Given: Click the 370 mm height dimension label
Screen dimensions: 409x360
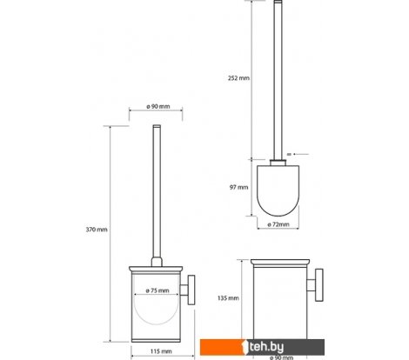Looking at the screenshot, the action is click(97, 230).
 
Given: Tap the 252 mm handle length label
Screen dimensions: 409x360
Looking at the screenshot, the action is click(238, 78).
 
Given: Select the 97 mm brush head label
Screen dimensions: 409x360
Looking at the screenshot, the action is click(238, 187).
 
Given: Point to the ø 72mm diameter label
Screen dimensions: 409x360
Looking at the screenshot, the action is click(278, 224).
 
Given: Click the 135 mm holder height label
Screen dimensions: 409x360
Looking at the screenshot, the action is click(228, 298).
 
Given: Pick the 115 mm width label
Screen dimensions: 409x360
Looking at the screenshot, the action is click(161, 351).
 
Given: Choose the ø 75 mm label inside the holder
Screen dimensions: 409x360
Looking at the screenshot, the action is click(158, 290).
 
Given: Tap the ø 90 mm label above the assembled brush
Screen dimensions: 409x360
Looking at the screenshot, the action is click(158, 106).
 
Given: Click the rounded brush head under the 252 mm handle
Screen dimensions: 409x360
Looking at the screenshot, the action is click(278, 190).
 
